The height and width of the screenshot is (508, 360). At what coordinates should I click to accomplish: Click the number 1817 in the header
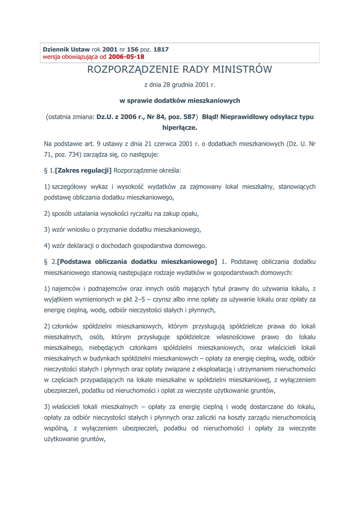click(161, 50)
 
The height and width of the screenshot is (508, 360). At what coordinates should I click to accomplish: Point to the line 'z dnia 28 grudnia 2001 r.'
click(180, 85)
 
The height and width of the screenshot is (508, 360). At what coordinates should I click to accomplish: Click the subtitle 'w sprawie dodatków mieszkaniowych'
click(180, 101)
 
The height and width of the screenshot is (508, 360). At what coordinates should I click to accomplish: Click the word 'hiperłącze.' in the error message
click(180, 127)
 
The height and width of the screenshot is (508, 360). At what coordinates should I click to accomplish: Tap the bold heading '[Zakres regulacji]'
click(84, 171)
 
